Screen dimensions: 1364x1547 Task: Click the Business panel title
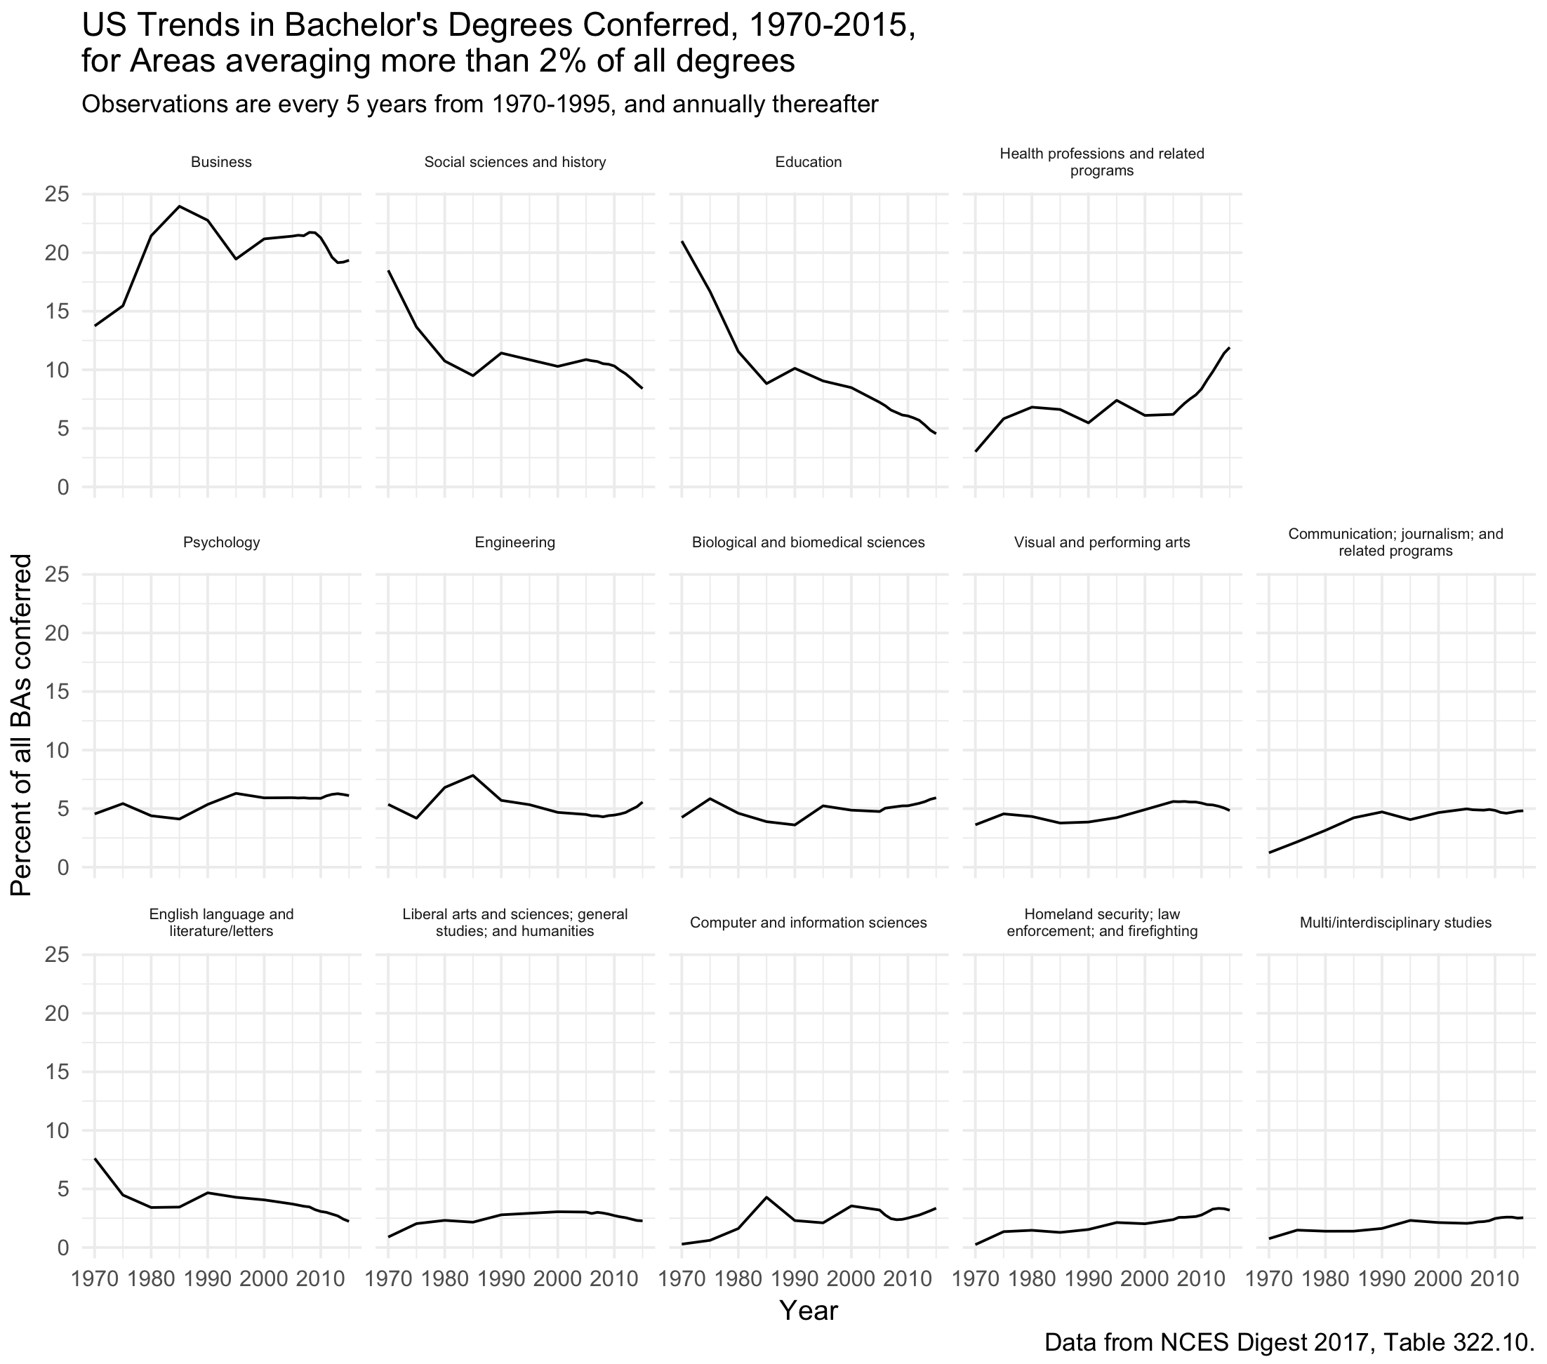pos(221,162)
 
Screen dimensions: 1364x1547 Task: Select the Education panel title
pos(809,162)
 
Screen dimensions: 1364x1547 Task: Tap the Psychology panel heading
pos(221,542)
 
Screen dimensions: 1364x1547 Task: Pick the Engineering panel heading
pos(514,542)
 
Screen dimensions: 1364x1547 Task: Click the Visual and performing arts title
pos(1102,542)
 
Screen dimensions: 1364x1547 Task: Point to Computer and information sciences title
pos(809,923)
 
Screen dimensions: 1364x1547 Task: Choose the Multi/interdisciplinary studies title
pos(1395,923)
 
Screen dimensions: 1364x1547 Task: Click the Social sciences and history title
pos(514,162)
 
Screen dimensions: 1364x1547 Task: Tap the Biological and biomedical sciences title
pos(809,542)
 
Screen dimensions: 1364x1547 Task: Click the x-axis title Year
pos(809,1311)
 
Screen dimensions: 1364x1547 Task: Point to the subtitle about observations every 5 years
pos(480,105)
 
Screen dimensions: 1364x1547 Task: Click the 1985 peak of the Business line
pos(180,206)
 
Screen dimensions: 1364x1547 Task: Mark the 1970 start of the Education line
pos(682,241)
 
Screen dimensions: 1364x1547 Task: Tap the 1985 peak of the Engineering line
pos(473,775)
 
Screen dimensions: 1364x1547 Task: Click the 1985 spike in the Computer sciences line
pos(766,1197)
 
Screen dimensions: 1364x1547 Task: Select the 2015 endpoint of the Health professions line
pos(1229,348)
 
